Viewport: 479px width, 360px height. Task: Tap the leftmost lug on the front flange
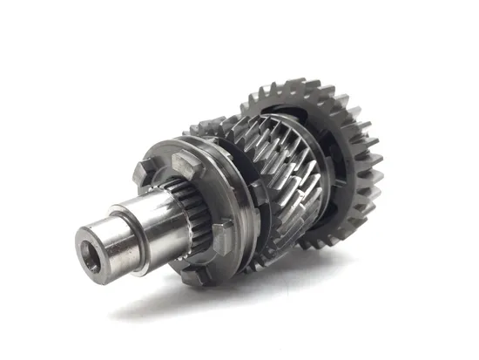[x=141, y=172]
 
